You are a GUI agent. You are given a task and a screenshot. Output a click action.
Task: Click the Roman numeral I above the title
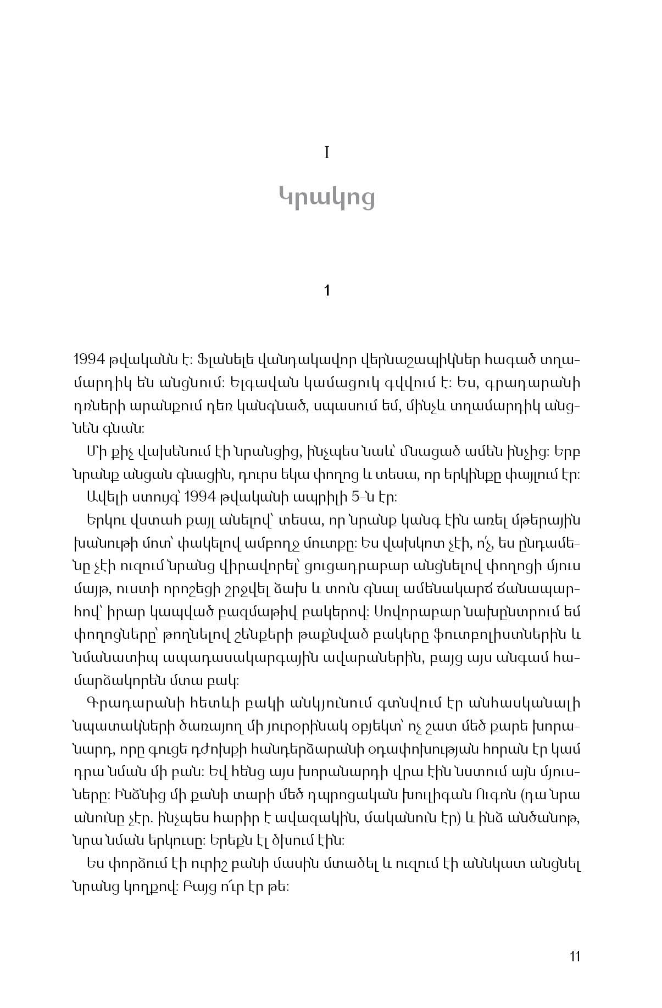[x=327, y=153]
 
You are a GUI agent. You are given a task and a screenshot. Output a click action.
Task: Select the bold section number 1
[x=327, y=291]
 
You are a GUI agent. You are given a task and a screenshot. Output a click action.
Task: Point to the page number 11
[x=575, y=956]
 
